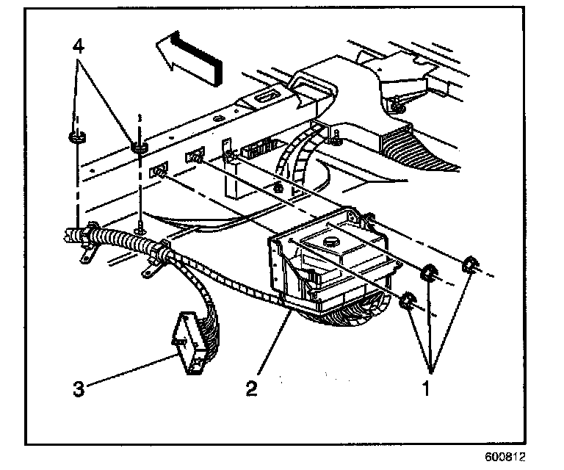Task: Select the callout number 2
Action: (252, 388)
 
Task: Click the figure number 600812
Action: (507, 457)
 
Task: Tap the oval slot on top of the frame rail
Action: (265, 95)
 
